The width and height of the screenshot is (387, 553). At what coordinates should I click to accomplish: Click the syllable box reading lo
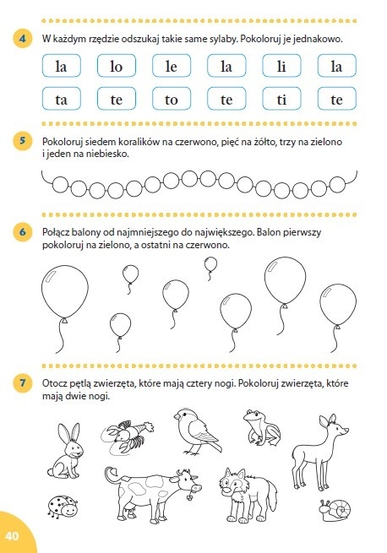click(116, 66)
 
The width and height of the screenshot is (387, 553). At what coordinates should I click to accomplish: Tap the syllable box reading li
click(281, 66)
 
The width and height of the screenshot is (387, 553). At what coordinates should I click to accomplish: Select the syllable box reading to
click(172, 99)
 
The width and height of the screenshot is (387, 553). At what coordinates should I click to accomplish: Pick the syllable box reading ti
click(281, 99)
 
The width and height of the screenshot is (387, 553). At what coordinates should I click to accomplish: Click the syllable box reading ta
click(61, 99)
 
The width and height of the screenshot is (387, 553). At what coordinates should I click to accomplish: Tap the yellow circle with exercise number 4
click(23, 38)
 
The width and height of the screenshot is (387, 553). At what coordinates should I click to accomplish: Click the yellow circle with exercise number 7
click(23, 382)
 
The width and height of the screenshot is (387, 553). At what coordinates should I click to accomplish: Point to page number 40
click(12, 536)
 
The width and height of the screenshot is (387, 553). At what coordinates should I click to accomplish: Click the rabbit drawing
click(67, 451)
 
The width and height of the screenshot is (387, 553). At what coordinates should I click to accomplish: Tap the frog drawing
click(262, 427)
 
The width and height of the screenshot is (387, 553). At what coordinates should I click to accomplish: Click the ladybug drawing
click(62, 507)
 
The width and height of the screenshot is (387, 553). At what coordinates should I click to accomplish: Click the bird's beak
click(176, 415)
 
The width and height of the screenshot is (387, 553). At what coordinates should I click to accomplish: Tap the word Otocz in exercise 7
click(54, 383)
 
